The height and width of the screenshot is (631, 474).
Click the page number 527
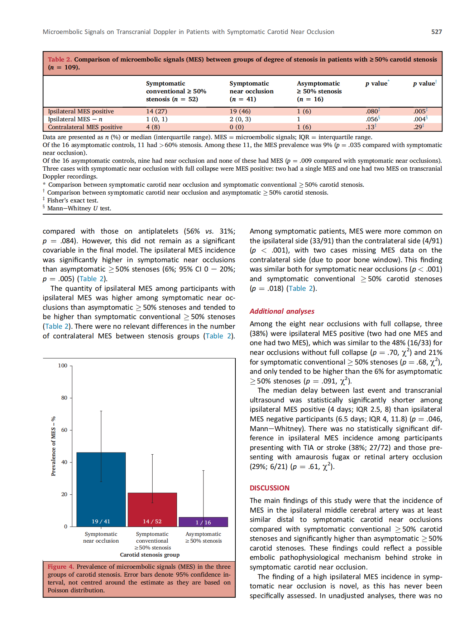(x=436, y=32)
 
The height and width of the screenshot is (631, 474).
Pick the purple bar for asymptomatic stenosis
(x=204, y=522)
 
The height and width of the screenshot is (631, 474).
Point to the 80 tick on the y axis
(x=64, y=398)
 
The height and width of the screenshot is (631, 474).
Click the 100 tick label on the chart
(x=63, y=366)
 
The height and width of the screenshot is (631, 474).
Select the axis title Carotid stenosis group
(x=150, y=555)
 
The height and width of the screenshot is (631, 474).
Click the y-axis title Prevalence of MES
(x=53, y=446)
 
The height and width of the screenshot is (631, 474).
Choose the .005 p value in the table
(x=420, y=111)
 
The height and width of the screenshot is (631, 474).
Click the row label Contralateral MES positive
(x=85, y=127)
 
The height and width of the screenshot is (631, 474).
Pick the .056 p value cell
(x=372, y=119)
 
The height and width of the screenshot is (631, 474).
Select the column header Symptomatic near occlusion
(x=251, y=91)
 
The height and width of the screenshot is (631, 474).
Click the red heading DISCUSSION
(x=269, y=488)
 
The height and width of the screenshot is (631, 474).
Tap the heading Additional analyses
(x=282, y=311)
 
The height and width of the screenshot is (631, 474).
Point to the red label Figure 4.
(x=61, y=567)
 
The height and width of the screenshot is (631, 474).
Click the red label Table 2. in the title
(x=60, y=59)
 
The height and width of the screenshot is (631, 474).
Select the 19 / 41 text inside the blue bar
(x=101, y=522)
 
